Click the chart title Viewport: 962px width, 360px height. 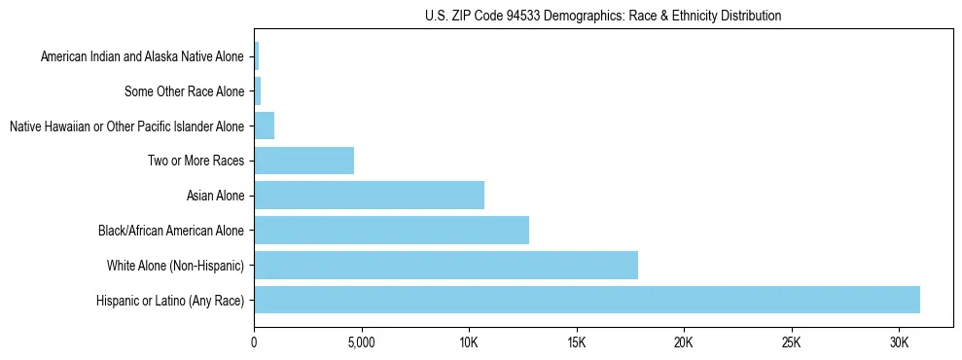pyautogui.click(x=603, y=16)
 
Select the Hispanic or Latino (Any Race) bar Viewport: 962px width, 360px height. pyautogui.click(x=587, y=300)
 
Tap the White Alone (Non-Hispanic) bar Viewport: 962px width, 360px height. pyautogui.click(x=445, y=265)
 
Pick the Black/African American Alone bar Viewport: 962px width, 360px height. pyautogui.click(x=391, y=230)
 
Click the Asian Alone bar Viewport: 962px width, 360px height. pyautogui.click(x=369, y=195)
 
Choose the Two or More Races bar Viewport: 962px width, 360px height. pyautogui.click(x=303, y=160)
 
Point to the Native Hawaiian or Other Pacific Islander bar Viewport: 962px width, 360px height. pyautogui.click(x=264, y=125)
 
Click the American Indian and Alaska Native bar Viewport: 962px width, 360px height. pyautogui.click(x=256, y=55)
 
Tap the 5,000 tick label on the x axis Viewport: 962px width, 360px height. pyautogui.click(x=361, y=343)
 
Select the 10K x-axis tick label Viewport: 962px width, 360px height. pyautogui.click(x=469, y=343)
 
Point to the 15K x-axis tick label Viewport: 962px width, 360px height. pyautogui.click(x=576, y=343)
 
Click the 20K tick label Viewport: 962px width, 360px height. pyautogui.click(x=684, y=343)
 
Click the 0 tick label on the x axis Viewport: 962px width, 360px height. pyautogui.click(x=254, y=343)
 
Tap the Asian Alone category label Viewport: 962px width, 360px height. pyautogui.click(x=215, y=196)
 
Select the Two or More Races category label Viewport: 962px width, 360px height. pyautogui.click(x=196, y=161)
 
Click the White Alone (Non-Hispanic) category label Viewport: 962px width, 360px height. pyautogui.click(x=175, y=266)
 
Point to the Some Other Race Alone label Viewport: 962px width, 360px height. pyautogui.click(x=185, y=91)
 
